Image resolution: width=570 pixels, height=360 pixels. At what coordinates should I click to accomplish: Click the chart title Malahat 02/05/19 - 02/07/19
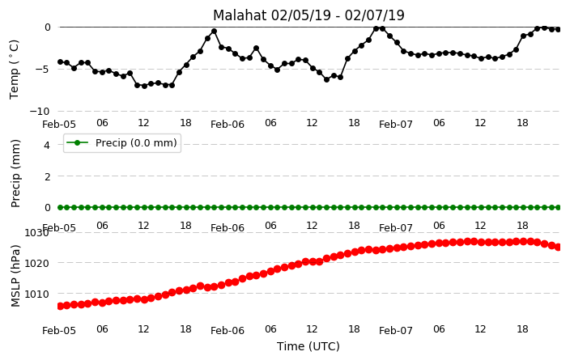(x=308, y=15)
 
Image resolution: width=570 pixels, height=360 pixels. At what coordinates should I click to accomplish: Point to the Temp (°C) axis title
(x=14, y=70)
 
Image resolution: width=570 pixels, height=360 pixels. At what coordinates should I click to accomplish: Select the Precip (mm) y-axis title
(x=15, y=173)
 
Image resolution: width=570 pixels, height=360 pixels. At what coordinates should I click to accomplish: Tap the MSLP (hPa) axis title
(x=15, y=276)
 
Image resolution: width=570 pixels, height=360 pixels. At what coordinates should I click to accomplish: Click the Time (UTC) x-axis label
(x=308, y=346)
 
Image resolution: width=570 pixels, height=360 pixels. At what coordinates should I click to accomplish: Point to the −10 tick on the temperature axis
(x=40, y=111)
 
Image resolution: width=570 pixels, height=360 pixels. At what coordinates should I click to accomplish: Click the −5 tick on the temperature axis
(x=43, y=69)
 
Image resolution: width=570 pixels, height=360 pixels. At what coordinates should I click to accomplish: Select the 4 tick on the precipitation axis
(x=47, y=145)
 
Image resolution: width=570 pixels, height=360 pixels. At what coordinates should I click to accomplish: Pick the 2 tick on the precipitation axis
(x=47, y=176)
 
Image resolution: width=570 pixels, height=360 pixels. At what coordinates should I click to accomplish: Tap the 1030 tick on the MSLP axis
(x=36, y=232)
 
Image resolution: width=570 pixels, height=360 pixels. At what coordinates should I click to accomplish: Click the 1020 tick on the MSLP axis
(x=36, y=263)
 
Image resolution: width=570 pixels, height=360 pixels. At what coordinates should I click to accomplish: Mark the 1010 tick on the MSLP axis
(x=36, y=294)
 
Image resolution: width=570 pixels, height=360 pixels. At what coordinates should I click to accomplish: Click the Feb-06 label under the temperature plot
(x=228, y=125)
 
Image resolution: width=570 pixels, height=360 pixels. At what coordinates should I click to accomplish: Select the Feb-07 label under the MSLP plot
(x=395, y=331)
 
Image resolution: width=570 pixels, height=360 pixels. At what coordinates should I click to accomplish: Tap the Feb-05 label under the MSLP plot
(x=59, y=331)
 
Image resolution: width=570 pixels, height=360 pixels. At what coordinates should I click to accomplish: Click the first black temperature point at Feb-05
(x=61, y=62)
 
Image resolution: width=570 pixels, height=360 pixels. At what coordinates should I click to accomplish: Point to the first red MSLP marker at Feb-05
(x=61, y=307)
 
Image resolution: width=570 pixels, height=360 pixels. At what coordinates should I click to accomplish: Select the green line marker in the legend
(x=78, y=142)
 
